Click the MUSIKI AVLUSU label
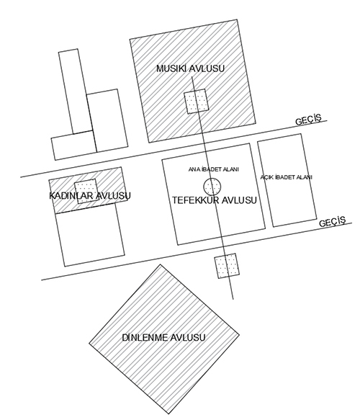tap(190, 68)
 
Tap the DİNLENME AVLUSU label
tap(163, 337)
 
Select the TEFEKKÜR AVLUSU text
tap(214, 200)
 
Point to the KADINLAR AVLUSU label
tap(90, 196)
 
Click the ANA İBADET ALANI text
tap(213, 169)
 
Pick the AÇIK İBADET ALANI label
tap(286, 177)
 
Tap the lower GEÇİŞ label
tap(332, 221)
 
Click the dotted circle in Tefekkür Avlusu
tap(212, 187)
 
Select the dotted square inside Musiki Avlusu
tap(196, 102)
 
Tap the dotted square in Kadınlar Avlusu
tap(86, 192)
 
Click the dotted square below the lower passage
tap(227, 266)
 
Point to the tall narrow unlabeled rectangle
tap(76, 91)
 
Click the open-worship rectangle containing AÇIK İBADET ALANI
tap(287, 180)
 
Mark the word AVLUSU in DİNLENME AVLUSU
tap(188, 337)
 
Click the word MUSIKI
tap(171, 68)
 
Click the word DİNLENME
tap(145, 337)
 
